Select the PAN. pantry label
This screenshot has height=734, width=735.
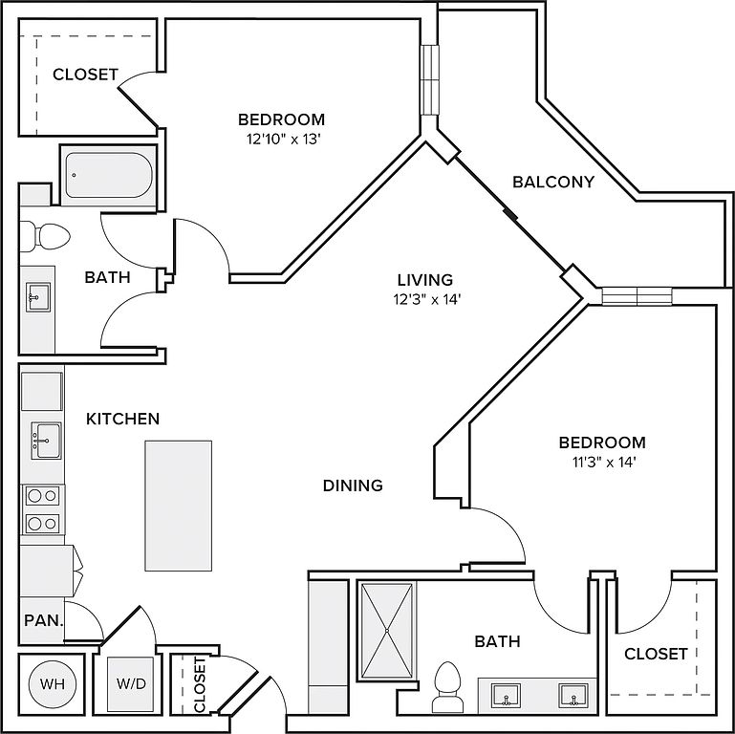point(43,620)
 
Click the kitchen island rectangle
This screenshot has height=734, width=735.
point(178,505)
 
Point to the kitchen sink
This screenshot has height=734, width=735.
point(44,441)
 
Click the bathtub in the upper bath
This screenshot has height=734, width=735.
point(107,175)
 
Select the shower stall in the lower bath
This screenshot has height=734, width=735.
point(387,631)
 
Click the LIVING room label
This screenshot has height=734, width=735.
point(425,280)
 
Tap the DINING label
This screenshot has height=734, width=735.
point(352,486)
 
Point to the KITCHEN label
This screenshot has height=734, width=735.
point(122,419)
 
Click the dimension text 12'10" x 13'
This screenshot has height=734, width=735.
point(281,139)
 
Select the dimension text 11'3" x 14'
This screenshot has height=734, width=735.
point(602,462)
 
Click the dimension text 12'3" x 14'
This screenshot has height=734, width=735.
point(425,299)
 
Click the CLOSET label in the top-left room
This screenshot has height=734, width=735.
point(85,75)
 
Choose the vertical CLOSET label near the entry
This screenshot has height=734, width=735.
point(200,684)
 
